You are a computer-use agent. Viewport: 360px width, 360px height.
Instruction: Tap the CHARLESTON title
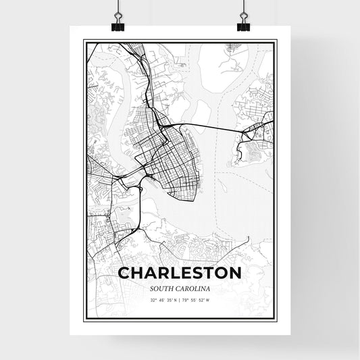(x=180, y=274)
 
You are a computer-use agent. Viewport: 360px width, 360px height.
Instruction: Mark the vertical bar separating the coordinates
(x=180, y=300)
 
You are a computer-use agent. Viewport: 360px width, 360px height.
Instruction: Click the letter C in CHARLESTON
(x=124, y=274)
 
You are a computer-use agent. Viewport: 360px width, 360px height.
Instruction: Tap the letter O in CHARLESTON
(x=219, y=274)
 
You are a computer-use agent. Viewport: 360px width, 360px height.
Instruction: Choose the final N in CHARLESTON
(x=235, y=274)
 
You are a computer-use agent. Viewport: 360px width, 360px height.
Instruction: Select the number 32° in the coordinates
(x=153, y=300)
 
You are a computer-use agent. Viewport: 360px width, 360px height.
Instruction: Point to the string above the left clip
(x=118, y=6)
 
